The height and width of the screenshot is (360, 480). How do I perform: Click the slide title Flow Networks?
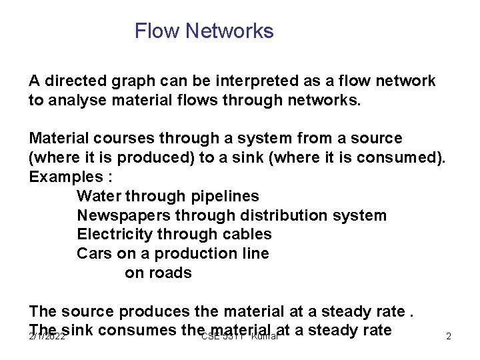coord(204,31)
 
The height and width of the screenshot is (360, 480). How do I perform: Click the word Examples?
coord(65,177)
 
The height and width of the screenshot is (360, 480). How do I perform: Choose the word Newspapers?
coord(123,216)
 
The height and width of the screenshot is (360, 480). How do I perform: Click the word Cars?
coord(94,254)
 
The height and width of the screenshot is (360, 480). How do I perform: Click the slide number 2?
coord(449,337)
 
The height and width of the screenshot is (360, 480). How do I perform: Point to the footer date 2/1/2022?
coord(47,337)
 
